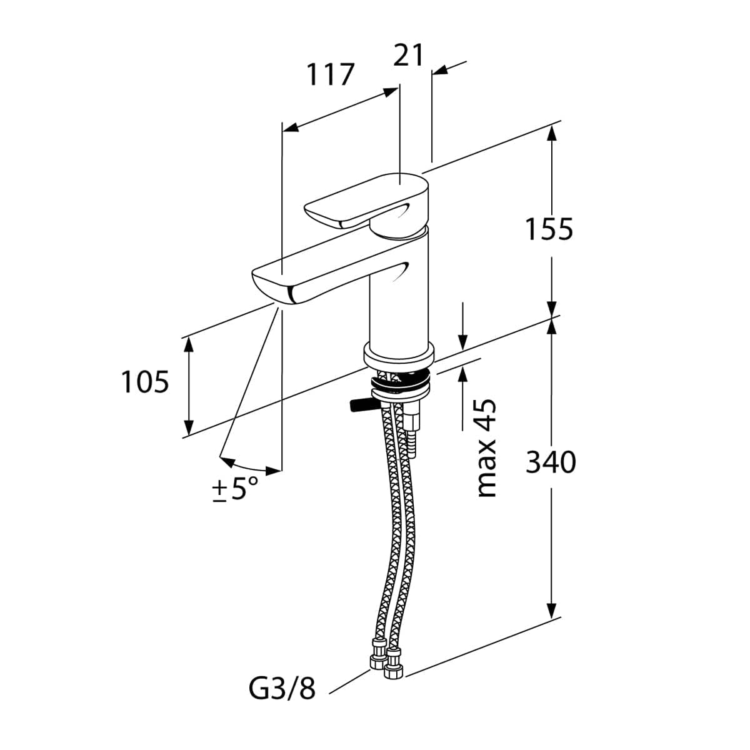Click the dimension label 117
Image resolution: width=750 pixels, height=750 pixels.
[x=331, y=74]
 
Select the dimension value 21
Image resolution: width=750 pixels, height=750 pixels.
[x=407, y=55]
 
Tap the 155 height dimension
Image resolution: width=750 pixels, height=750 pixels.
[x=549, y=229]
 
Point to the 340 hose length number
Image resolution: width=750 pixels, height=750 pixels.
[x=551, y=462]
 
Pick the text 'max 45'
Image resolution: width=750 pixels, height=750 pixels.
[x=486, y=448]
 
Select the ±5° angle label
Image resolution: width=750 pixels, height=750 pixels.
[x=236, y=489]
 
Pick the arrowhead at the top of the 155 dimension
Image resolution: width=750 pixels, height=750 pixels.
[x=551, y=134]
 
